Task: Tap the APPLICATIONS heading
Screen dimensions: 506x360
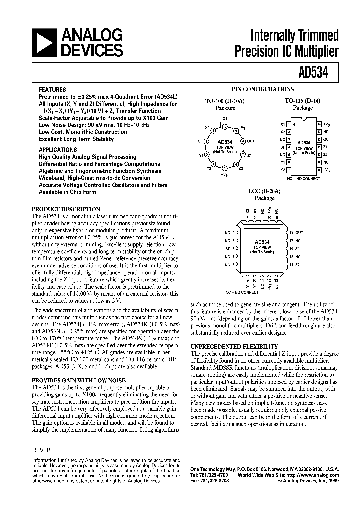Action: [58, 149]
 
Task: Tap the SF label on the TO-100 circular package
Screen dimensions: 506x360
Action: [200, 141]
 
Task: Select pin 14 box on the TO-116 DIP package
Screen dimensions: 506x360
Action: [319, 123]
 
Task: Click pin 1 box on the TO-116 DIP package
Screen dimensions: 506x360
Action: [288, 123]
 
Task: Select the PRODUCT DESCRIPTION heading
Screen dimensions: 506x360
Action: [66, 209]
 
